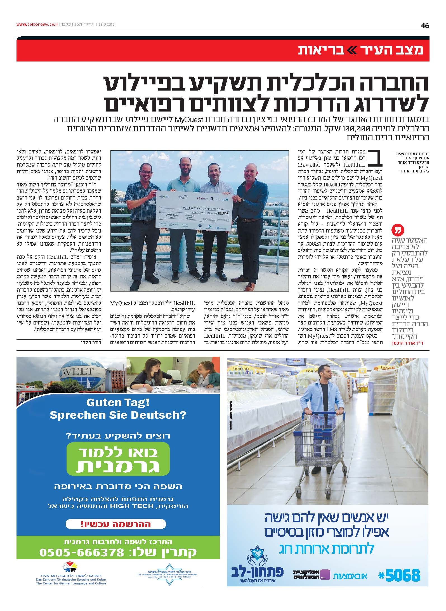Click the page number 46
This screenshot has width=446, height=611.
(x=424, y=26)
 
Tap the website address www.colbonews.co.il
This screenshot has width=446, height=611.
(x=37, y=25)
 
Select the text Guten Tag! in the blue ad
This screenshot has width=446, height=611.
(x=118, y=403)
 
